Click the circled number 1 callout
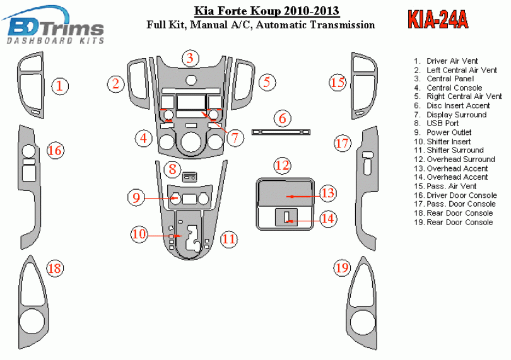tap(59, 86)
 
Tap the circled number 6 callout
tap(283, 118)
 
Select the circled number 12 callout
tap(282, 166)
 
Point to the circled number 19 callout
tap(342, 268)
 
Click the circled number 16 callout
tap(56, 150)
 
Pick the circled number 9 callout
tap(136, 198)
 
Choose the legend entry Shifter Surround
tap(455, 150)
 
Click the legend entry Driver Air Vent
tap(452, 61)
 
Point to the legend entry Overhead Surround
tap(461, 160)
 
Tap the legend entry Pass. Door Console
tap(461, 204)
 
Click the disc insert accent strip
tap(281, 132)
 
